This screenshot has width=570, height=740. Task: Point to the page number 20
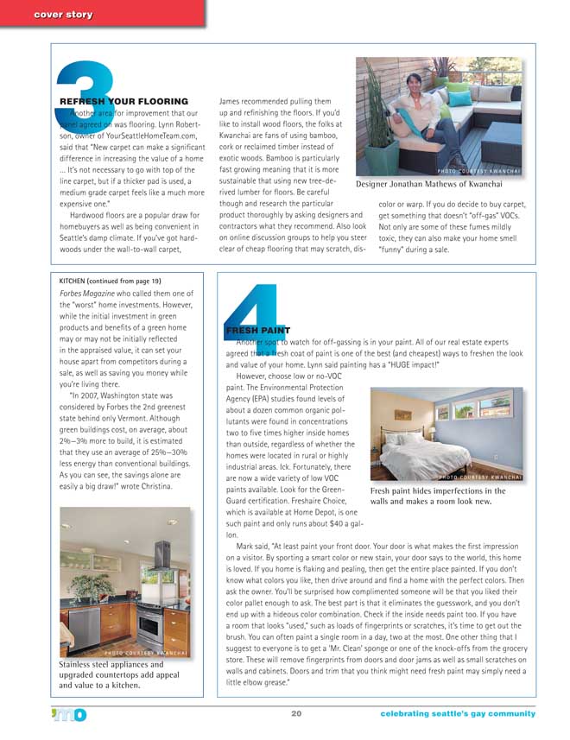click(x=295, y=713)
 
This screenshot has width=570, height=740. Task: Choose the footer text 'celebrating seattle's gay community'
click(x=458, y=713)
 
